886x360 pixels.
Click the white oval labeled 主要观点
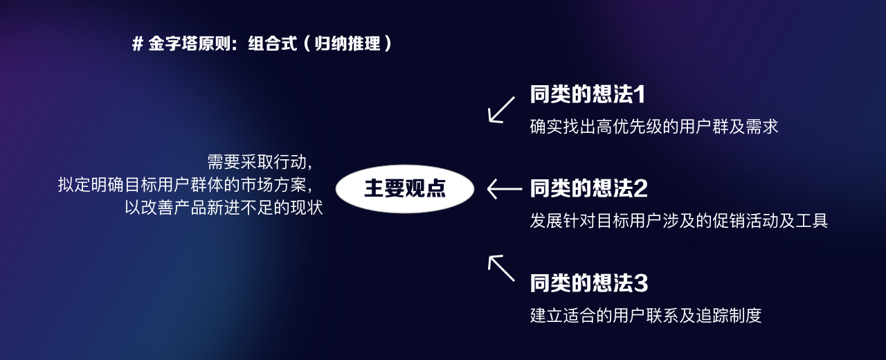pos(405,188)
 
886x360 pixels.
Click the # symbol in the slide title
pos(137,44)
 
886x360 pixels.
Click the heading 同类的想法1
pos(588,94)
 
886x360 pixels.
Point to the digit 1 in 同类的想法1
pos(640,94)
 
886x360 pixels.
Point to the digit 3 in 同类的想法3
pos(641,282)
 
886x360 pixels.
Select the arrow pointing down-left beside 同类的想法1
pos(502,109)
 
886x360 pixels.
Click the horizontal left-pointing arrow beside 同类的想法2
pos(505,188)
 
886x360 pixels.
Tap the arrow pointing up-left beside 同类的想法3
pos(502,268)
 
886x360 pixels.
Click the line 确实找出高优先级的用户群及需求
pos(654,127)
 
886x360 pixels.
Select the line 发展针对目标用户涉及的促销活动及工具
pos(679,221)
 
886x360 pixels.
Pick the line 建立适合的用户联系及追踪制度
pos(646,315)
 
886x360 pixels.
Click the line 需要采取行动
pos(260,162)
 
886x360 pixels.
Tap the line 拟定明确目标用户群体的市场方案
pos(185,185)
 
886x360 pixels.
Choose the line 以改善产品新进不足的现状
pos(224,208)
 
